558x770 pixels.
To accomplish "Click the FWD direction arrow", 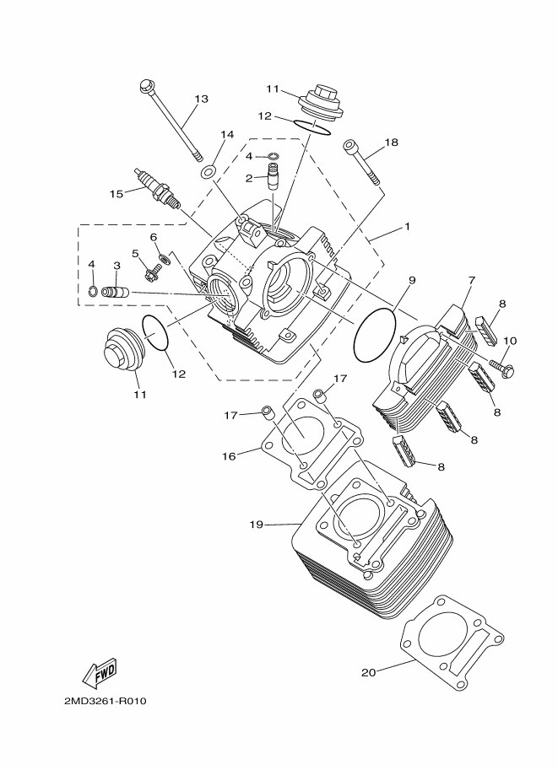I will coord(100,672).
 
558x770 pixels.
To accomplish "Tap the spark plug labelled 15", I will coord(157,187).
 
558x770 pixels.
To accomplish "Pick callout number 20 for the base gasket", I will coord(367,672).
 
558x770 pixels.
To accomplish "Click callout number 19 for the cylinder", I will coord(257,524).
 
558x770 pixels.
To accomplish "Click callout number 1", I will coord(407,227).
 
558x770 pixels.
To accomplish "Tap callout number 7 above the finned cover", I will coord(472,280).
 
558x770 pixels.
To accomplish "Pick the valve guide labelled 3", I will coord(115,293).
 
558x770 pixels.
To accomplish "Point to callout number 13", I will coord(200,99).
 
